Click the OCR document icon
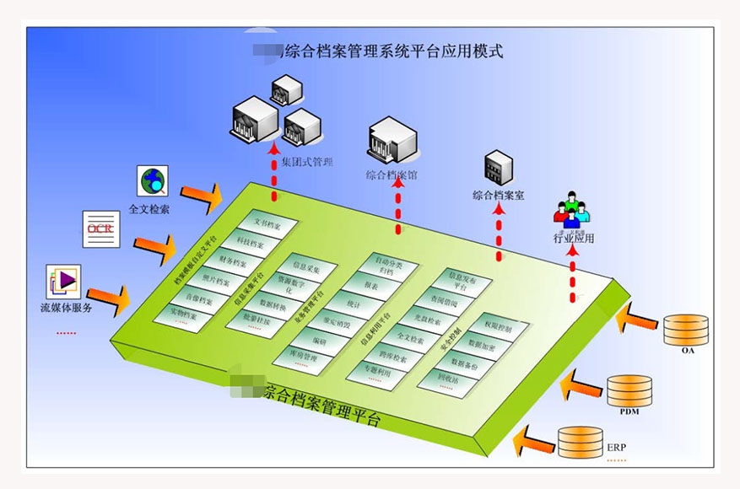click(x=101, y=228)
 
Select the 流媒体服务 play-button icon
click(x=63, y=282)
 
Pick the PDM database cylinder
click(x=629, y=390)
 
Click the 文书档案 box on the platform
click(x=267, y=225)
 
